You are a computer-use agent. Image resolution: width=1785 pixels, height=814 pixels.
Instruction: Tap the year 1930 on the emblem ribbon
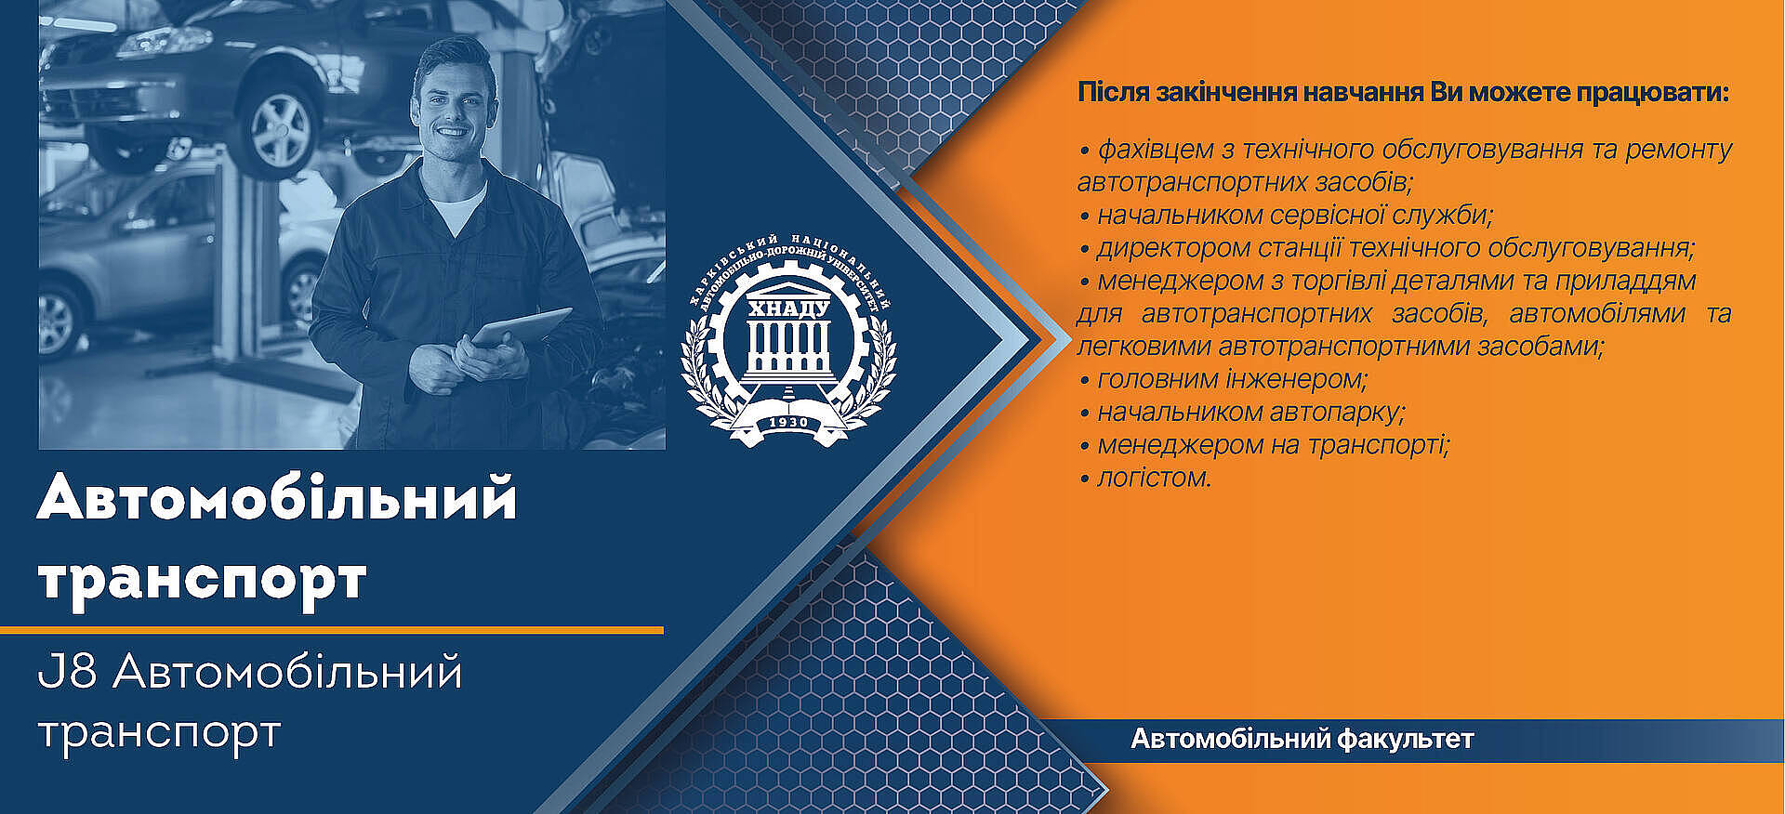(x=789, y=423)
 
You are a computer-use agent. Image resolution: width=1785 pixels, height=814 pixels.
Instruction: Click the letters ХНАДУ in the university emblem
(x=789, y=309)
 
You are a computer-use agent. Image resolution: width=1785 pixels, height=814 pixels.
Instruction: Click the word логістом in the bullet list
(x=1155, y=478)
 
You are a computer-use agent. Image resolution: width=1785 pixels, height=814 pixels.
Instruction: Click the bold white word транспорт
(x=202, y=580)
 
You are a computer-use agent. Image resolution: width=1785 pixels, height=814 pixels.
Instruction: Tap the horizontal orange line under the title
(x=332, y=630)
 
